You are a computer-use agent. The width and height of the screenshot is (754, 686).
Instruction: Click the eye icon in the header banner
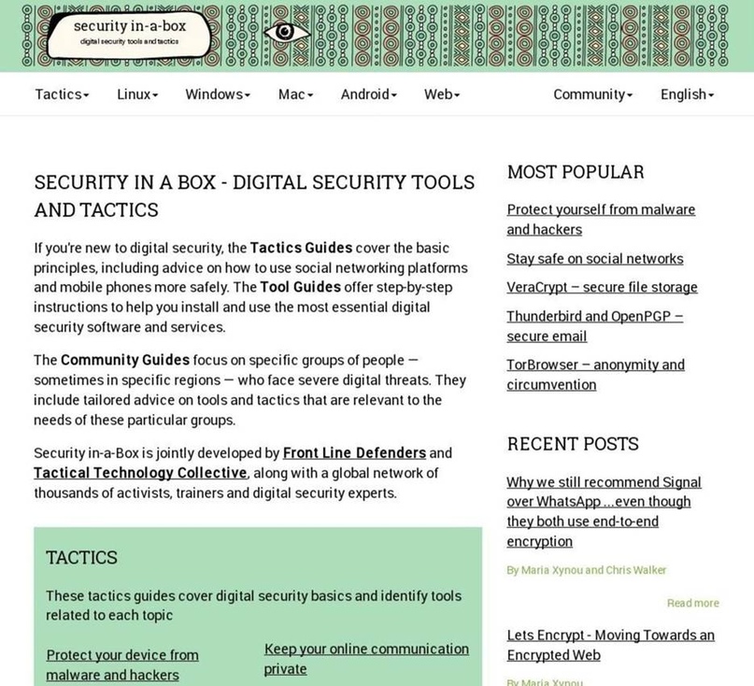pyautogui.click(x=287, y=33)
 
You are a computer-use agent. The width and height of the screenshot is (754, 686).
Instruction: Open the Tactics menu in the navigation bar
pyautogui.click(x=62, y=94)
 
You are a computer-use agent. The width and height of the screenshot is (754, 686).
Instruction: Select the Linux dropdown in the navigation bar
pyautogui.click(x=137, y=94)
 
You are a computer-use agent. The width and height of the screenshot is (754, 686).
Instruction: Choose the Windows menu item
pyautogui.click(x=218, y=94)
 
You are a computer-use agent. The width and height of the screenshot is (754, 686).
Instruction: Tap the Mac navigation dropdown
pyautogui.click(x=295, y=94)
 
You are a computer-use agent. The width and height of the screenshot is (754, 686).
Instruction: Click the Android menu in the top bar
pyautogui.click(x=368, y=94)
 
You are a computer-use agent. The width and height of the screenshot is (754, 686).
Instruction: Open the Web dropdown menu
pyautogui.click(x=442, y=94)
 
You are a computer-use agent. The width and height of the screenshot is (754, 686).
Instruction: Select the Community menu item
pyautogui.click(x=592, y=94)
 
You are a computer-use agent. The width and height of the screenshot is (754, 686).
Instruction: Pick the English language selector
pyautogui.click(x=687, y=94)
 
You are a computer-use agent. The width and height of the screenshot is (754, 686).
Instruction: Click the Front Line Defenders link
pyautogui.click(x=354, y=453)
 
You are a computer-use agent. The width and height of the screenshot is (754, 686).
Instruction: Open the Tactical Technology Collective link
pyautogui.click(x=140, y=473)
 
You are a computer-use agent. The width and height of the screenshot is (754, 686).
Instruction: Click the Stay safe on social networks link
pyautogui.click(x=594, y=259)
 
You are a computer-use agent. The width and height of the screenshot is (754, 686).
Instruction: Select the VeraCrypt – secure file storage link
pyautogui.click(x=602, y=288)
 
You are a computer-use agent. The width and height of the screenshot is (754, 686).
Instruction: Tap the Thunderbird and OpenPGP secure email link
pyautogui.click(x=594, y=326)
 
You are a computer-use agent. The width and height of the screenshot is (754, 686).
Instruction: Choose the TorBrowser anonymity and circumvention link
pyautogui.click(x=595, y=375)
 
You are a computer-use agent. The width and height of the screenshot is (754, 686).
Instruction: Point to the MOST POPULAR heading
pyautogui.click(x=576, y=172)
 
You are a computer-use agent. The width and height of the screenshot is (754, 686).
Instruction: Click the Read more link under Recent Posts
pyautogui.click(x=692, y=604)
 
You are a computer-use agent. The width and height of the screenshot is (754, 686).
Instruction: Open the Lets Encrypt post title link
pyautogui.click(x=610, y=645)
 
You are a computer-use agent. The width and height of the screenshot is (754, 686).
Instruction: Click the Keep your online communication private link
pyautogui.click(x=366, y=659)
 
